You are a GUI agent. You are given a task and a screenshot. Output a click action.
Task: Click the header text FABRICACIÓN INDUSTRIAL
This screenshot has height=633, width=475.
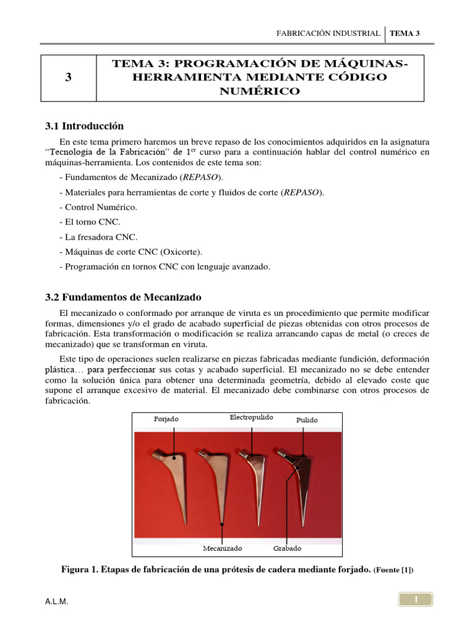(328, 33)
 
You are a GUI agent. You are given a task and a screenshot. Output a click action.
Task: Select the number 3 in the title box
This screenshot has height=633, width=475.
(67, 78)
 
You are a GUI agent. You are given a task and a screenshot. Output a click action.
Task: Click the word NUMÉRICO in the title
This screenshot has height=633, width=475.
(260, 91)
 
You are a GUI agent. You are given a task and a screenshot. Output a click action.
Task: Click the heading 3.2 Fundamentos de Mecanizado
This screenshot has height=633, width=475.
(124, 297)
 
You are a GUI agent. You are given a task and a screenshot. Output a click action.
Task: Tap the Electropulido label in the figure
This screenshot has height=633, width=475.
(251, 417)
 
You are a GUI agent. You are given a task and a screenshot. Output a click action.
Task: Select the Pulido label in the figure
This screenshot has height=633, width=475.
(307, 420)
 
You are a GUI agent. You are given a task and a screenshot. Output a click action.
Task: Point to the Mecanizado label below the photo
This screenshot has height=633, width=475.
(222, 548)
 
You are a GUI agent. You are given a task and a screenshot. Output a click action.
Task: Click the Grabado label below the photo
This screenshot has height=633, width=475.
(287, 548)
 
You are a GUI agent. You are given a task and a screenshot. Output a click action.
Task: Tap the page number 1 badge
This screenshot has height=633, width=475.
(416, 599)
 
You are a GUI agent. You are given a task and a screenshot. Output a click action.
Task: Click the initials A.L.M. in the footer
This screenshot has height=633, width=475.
(57, 602)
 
